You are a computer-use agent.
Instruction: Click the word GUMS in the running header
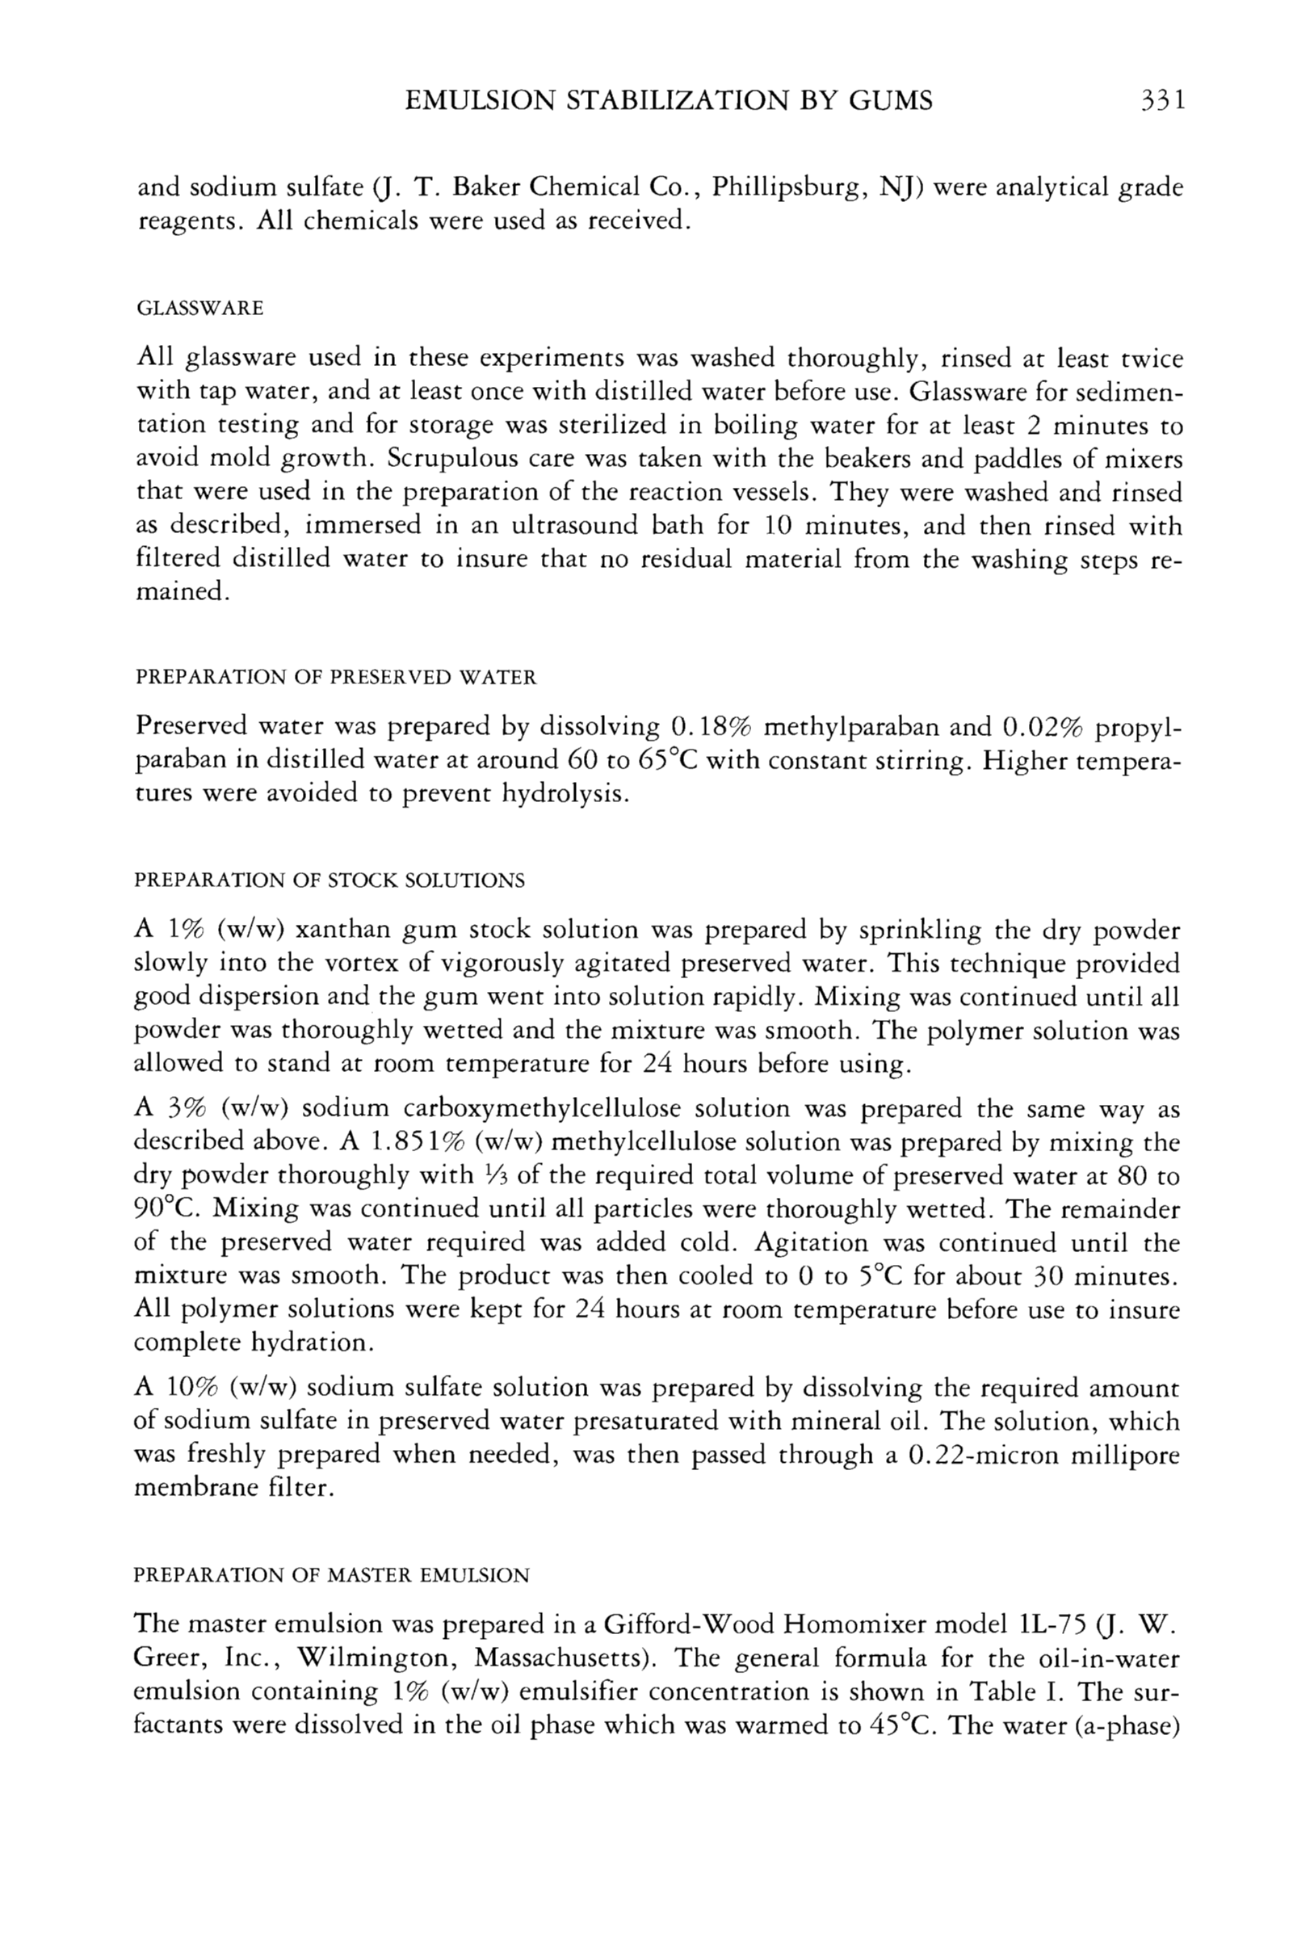pyautogui.click(x=890, y=101)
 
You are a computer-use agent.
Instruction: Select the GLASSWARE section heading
pyautogui.click(x=199, y=309)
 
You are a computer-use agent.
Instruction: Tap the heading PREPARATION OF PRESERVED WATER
pyautogui.click(x=335, y=678)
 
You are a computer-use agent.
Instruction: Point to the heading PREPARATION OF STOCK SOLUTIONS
pyautogui.click(x=330, y=881)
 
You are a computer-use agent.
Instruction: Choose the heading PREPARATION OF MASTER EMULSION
pyautogui.click(x=332, y=1575)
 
